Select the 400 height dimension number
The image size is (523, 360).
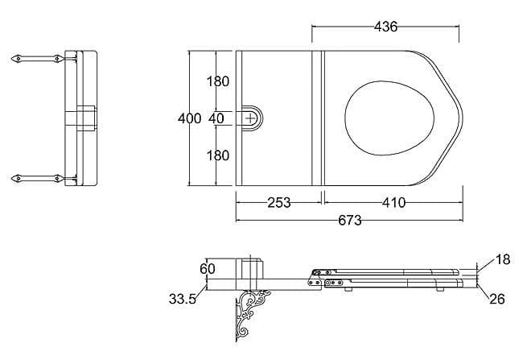190,118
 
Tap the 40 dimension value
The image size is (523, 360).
216,118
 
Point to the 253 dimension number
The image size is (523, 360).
278,202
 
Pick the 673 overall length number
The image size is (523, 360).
349,220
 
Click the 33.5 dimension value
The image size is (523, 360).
183,299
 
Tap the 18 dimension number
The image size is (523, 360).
503,260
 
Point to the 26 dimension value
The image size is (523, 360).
496,299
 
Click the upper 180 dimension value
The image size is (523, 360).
217,81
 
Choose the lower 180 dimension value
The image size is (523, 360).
217,155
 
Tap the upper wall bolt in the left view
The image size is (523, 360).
36,59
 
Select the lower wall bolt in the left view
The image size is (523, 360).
36,177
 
